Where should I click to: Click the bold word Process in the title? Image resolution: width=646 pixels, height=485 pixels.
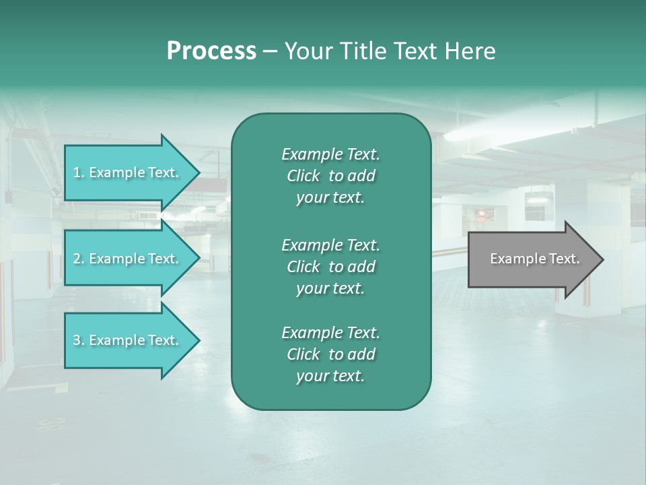pyautogui.click(x=211, y=51)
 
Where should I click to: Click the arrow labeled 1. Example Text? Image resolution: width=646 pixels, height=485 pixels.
pyautogui.click(x=131, y=172)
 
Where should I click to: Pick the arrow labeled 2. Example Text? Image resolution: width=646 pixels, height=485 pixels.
pyautogui.click(x=131, y=259)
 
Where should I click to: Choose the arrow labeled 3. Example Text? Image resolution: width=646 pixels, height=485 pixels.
pyautogui.click(x=131, y=340)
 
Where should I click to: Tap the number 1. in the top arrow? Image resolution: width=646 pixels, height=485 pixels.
pyautogui.click(x=78, y=172)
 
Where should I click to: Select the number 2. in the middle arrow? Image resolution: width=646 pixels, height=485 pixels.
pyautogui.click(x=78, y=259)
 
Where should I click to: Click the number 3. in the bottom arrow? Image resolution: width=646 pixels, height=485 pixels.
pyautogui.click(x=78, y=340)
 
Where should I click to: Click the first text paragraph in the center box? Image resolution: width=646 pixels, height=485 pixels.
pyautogui.click(x=330, y=176)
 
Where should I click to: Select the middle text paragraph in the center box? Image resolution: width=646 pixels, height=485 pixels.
pyautogui.click(x=330, y=266)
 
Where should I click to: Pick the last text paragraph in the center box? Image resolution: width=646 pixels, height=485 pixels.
pyautogui.click(x=330, y=354)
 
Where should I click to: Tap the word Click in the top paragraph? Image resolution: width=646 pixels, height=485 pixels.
pyautogui.click(x=303, y=176)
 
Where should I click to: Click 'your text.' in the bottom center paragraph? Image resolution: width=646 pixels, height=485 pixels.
pyautogui.click(x=330, y=377)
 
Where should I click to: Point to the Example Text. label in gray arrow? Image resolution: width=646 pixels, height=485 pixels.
pyautogui.click(x=535, y=259)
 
